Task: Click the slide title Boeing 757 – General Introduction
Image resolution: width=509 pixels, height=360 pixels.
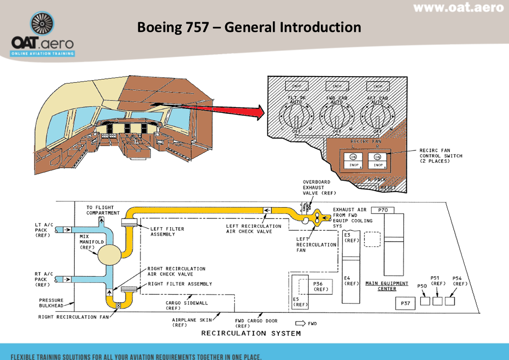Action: click(x=249, y=27)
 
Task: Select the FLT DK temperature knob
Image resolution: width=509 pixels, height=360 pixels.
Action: click(x=296, y=117)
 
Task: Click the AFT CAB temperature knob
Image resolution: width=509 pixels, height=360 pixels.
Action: click(x=378, y=117)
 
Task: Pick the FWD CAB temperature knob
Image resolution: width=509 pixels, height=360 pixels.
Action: click(x=337, y=117)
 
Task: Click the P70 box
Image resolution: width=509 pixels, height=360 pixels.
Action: click(x=383, y=210)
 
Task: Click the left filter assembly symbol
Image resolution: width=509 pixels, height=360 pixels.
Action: click(x=129, y=222)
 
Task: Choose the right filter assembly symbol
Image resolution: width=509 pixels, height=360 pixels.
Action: click(x=129, y=289)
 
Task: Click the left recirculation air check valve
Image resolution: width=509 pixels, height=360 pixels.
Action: click(x=267, y=210)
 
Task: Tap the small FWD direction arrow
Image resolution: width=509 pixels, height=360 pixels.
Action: click(x=301, y=323)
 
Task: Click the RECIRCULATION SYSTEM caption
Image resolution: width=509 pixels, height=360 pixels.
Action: click(x=251, y=333)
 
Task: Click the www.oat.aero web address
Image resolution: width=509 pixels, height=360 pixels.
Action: click(x=458, y=8)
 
